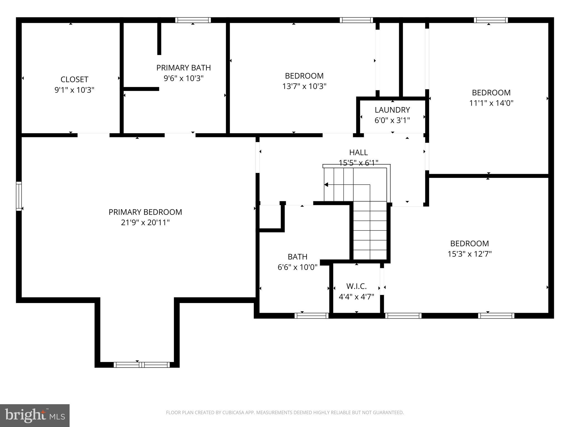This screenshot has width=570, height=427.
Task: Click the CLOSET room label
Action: tap(74, 80)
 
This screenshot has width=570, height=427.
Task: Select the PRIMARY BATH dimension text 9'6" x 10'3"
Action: tap(183, 78)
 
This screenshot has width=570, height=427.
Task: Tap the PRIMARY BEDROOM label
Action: tap(145, 212)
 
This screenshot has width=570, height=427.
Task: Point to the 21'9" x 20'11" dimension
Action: tap(145, 223)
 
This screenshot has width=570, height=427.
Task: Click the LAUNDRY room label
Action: tap(392, 110)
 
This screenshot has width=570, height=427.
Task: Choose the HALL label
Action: tap(358, 152)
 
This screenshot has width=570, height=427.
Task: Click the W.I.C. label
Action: tap(356, 286)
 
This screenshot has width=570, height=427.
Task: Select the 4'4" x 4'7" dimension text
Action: tap(356, 297)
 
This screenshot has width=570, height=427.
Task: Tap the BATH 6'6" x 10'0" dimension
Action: tap(297, 267)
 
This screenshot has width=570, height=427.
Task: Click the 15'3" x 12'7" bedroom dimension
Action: tap(470, 254)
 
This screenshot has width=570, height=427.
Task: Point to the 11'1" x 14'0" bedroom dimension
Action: tap(491, 103)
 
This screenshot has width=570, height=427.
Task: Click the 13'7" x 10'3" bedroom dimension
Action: tap(304, 86)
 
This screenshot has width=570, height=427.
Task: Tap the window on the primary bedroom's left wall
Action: tap(19, 196)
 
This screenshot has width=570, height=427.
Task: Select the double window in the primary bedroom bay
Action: tap(142, 365)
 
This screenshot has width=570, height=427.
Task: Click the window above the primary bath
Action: tap(193, 20)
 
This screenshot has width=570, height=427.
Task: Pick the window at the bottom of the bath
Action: tap(311, 316)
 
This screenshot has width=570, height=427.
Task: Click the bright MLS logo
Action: tap(35, 415)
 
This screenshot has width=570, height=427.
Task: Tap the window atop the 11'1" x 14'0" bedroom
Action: tap(491, 20)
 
